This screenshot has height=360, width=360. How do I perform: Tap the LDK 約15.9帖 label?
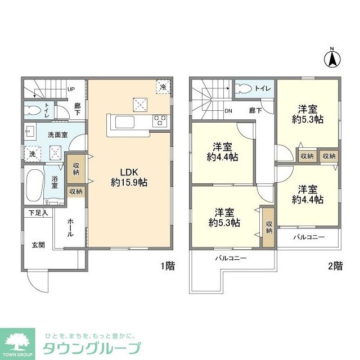click(x=129, y=177)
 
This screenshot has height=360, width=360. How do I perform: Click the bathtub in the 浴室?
click(x=34, y=186)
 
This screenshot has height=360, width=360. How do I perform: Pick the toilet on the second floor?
click(x=245, y=88)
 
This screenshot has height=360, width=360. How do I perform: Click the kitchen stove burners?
click(x=160, y=120)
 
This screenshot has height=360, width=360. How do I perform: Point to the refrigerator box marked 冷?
click(x=163, y=87)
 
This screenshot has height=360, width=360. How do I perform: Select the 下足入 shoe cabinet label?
click(x=38, y=213)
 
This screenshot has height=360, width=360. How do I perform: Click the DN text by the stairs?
click(x=229, y=111)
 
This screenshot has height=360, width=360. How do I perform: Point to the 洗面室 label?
click(x=57, y=135)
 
